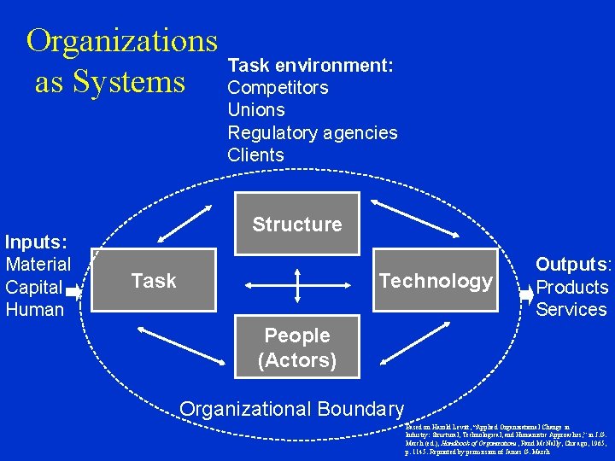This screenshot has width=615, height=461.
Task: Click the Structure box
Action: (296, 225)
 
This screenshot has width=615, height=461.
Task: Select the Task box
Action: (154, 281)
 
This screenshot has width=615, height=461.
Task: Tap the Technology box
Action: (436, 281)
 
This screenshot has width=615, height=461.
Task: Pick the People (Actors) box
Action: (297, 348)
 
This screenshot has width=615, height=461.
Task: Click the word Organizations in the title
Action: (122, 40)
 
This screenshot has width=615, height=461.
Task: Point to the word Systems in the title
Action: (129, 82)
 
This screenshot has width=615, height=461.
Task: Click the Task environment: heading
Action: (310, 65)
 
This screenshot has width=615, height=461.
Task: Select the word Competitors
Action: (278, 87)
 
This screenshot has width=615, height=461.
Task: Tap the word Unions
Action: (256, 110)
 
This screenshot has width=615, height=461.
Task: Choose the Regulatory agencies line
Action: (312, 132)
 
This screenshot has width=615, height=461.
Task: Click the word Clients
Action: (255, 155)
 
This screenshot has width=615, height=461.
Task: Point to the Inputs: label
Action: (37, 242)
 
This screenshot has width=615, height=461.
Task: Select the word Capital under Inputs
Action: (34, 287)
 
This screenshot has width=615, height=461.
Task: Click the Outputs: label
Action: (573, 265)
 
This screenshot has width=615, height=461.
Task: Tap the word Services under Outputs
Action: (571, 309)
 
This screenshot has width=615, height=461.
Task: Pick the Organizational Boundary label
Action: (292, 409)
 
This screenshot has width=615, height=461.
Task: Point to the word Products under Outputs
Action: (571, 287)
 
